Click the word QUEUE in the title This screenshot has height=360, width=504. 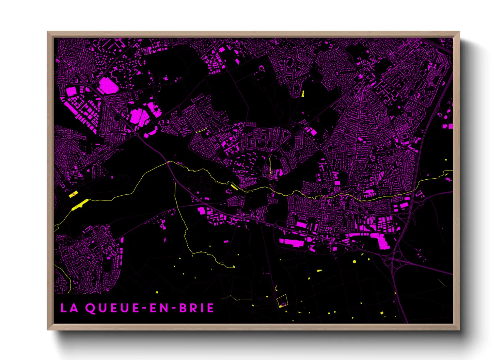coord(112,308)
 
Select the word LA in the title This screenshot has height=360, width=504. coord(69,308)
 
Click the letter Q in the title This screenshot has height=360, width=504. coord(90,308)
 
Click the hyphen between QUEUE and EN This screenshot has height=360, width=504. coord(144,308)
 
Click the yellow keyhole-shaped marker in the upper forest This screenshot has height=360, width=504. coord(302,94)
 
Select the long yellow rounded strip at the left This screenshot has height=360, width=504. coord(80,204)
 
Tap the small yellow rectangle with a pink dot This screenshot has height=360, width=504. coord(73,194)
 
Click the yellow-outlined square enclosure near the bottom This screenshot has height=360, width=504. coord(282,301)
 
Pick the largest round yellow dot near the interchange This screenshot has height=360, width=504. coord(355,261)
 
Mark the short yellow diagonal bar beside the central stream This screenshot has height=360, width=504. coord(234,186)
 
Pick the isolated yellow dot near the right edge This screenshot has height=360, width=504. coord(446,160)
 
